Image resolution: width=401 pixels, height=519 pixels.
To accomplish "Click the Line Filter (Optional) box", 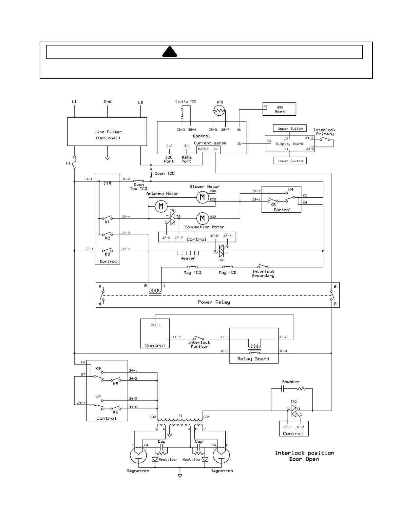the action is pyautogui.click(x=107, y=132).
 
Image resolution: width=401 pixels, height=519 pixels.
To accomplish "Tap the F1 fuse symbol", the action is pyautogui.click(x=74, y=162).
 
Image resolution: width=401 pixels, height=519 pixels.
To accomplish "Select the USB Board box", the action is pyautogui.click(x=279, y=109).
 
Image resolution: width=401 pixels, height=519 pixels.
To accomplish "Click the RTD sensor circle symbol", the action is pyautogui.click(x=219, y=111).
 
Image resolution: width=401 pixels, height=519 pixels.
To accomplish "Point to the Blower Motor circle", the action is pyautogui.click(x=202, y=197).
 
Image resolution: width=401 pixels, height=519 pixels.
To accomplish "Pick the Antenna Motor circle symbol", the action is pyautogui.click(x=161, y=206).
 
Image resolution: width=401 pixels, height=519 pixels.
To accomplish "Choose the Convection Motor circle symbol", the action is pyautogui.click(x=202, y=218).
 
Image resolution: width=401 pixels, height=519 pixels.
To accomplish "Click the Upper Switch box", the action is pyautogui.click(x=290, y=128).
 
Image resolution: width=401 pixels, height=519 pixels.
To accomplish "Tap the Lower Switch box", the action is pyautogui.click(x=290, y=161).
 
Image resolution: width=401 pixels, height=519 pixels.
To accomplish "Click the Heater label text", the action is pyautogui.click(x=188, y=258).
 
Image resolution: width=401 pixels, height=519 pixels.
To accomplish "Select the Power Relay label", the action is pyautogui.click(x=214, y=302).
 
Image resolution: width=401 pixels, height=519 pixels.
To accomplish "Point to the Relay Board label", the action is pyautogui.click(x=253, y=359).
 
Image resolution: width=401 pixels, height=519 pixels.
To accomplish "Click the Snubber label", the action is pyautogui.click(x=290, y=382).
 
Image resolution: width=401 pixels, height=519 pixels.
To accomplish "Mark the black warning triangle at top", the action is pyautogui.click(x=170, y=52).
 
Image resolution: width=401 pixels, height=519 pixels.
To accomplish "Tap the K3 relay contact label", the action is pyautogui.click(x=107, y=254).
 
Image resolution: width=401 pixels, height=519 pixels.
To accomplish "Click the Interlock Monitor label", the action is pyautogui.click(x=199, y=344).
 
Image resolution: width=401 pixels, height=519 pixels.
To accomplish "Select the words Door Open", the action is pyautogui.click(x=304, y=459).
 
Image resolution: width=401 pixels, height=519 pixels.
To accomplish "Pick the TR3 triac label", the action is pyautogui.click(x=294, y=402).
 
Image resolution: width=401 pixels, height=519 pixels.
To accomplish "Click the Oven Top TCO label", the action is pyautogui.click(x=139, y=186).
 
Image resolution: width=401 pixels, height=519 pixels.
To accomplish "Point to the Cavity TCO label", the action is pyautogui.click(x=185, y=101).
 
